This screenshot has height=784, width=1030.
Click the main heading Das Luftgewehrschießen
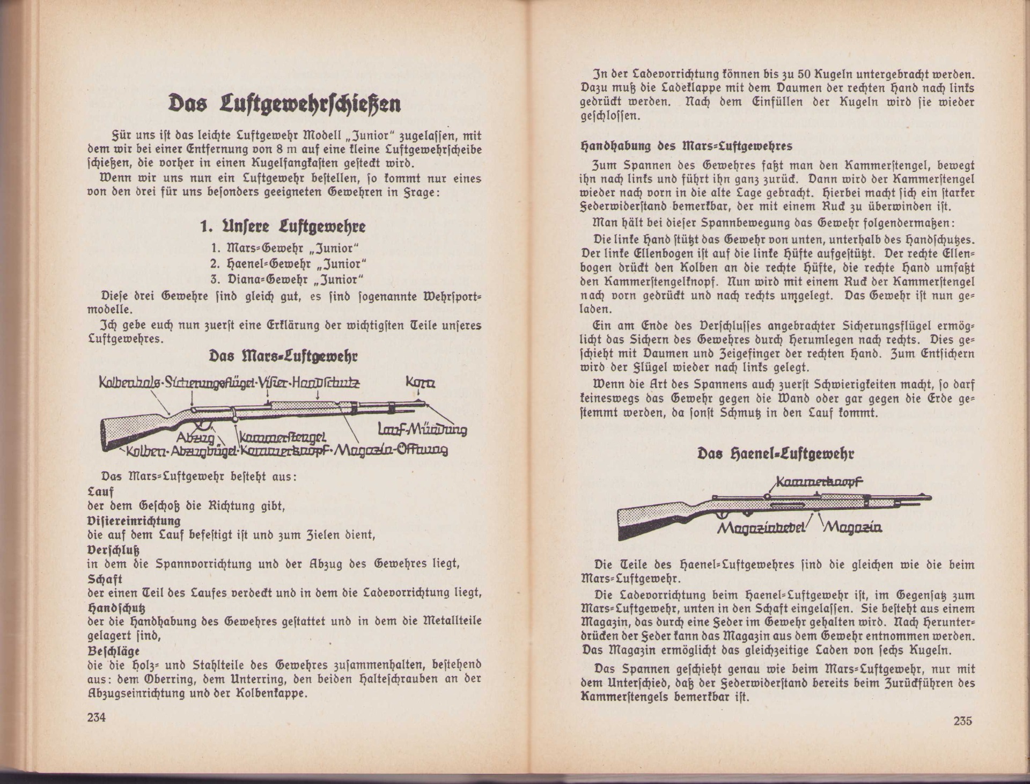pos(285,104)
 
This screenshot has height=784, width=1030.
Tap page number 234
pos(97,717)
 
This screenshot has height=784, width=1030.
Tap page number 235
pos(962,721)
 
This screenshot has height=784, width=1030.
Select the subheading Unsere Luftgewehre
pos(283,226)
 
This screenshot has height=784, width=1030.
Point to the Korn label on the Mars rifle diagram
pos(421,383)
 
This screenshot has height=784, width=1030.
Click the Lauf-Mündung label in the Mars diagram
pos(422,429)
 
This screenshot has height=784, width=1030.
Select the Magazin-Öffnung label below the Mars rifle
pos(391,450)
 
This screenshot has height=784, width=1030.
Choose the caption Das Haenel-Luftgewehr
pos(776,454)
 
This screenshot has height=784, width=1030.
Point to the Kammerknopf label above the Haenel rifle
pos(819,482)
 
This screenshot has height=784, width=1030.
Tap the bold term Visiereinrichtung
pos(134,521)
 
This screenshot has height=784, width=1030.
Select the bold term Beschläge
pos(113,651)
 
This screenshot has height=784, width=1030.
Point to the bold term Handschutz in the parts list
pos(116,607)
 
